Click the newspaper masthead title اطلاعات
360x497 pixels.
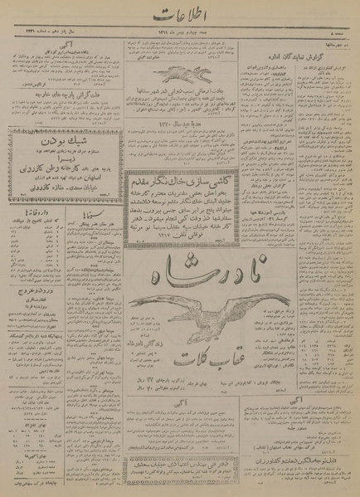179,12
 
